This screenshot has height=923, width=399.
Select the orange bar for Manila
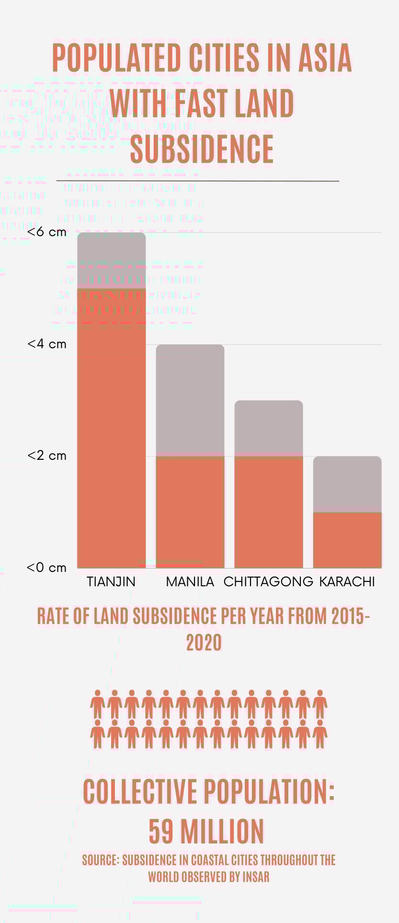click(190, 512)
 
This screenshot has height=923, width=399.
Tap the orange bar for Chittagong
click(269, 512)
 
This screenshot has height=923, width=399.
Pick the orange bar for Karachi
click(347, 540)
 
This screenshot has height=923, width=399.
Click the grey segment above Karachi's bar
click(347, 484)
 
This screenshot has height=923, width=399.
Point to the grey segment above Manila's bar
click(190, 399)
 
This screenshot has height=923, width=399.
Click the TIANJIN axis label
click(111, 581)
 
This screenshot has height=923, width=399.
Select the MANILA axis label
click(190, 581)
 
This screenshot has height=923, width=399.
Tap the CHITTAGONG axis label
click(268, 581)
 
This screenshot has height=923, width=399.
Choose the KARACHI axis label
click(347, 581)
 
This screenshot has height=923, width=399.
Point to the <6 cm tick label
click(46, 232)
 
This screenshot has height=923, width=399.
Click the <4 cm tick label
click(46, 344)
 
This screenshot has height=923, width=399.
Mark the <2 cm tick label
click(46, 456)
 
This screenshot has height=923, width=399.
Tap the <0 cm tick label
click(46, 568)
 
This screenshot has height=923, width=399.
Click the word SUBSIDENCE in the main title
click(202, 148)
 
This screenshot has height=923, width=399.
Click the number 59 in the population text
click(161, 832)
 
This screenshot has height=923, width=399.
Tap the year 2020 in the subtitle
click(204, 643)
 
